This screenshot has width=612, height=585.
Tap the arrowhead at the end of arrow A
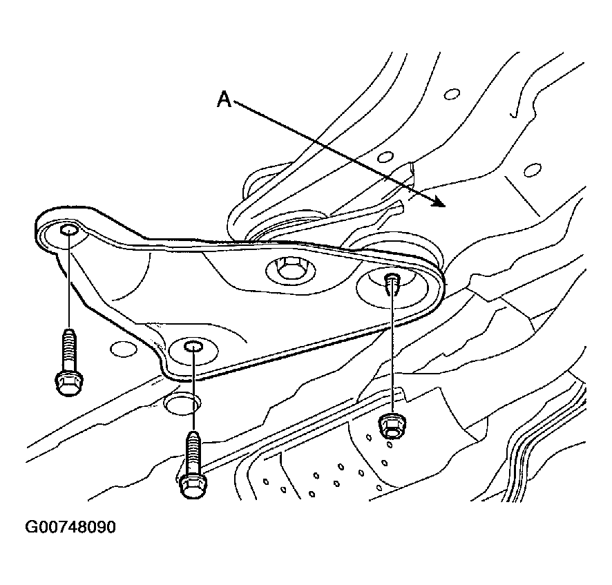point(439,202)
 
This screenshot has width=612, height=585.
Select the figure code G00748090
point(70,527)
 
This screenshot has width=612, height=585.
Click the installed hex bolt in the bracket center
point(289,268)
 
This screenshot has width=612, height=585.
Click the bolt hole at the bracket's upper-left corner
point(68,230)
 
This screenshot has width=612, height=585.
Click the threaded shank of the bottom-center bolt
point(193,452)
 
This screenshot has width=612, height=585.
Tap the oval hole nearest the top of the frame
point(452,94)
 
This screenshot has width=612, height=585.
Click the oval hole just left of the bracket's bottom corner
point(124,349)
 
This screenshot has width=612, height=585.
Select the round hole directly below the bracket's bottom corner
point(182,403)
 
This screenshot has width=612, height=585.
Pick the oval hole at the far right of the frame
point(533,170)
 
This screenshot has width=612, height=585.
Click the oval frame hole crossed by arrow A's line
point(385,157)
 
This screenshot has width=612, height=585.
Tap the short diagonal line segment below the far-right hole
point(523,196)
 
